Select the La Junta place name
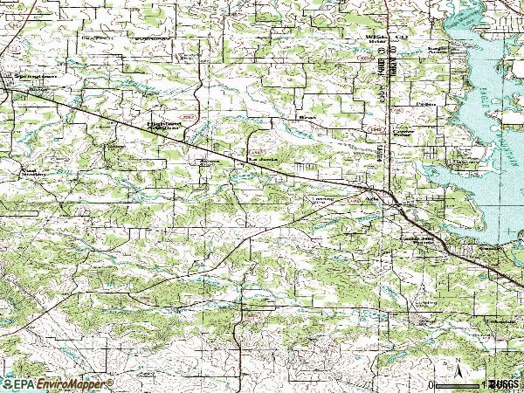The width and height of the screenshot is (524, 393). (x=260, y=160)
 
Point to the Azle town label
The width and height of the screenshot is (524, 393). (x=374, y=197)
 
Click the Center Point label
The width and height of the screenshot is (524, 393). (x=402, y=133)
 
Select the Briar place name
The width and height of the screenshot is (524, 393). (x=306, y=115)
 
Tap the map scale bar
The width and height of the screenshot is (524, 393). (x=458, y=384)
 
